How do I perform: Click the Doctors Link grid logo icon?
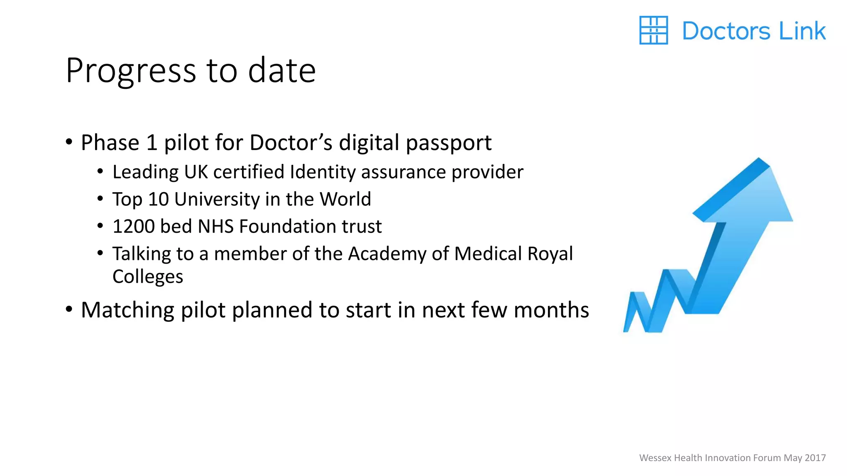[x=653, y=30]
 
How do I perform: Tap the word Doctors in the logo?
[x=726, y=31]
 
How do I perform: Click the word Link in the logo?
[x=802, y=31]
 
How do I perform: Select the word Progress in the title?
[x=131, y=71]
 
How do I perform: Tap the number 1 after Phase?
[x=152, y=143]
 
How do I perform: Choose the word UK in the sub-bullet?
[x=196, y=172]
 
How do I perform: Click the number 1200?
[x=133, y=226]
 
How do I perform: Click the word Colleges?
[x=148, y=276]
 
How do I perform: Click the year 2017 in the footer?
[x=816, y=458]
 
